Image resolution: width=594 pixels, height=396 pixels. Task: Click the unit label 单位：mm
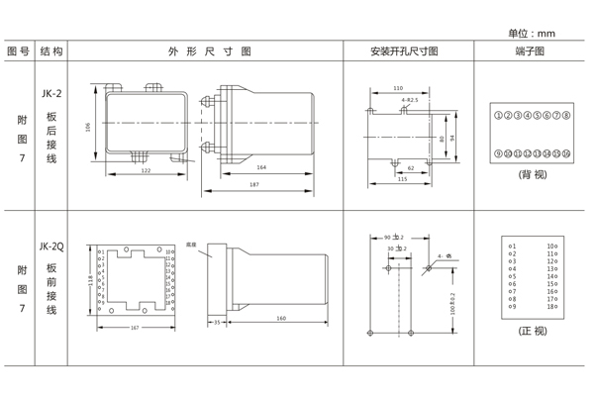pos(532,33)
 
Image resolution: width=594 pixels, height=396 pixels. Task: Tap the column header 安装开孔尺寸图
pos(404,50)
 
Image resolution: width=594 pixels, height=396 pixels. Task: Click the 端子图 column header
pos(531,50)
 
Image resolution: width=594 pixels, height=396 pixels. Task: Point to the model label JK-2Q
pos(51,247)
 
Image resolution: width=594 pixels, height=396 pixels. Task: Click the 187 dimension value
pos(254,185)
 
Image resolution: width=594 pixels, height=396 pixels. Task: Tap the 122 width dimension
pos(145,171)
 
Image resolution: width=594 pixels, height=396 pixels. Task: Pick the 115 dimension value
pos(402,179)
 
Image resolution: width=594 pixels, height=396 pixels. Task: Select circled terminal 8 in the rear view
pos(567,116)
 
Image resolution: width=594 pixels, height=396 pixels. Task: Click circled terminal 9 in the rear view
pos(497,153)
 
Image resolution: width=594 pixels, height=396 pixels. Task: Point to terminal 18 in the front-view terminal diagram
pos(551,307)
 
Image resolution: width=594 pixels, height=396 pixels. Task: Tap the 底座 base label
pos(192,245)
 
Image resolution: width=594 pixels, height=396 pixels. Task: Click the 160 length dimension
pos(281,319)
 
